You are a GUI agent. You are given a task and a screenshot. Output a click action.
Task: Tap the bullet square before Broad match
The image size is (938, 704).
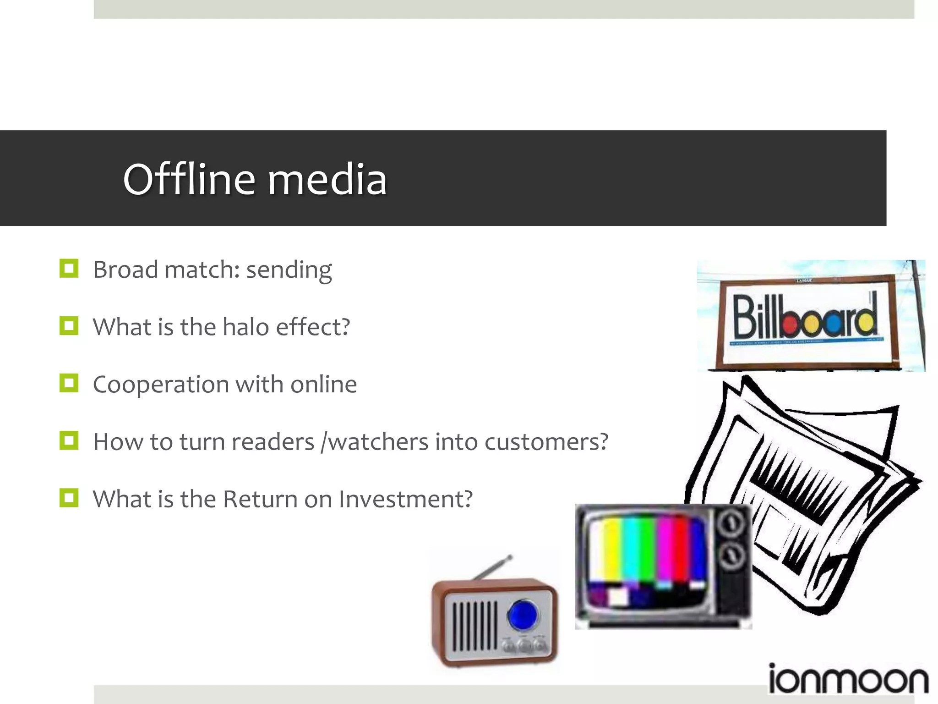[x=69, y=269]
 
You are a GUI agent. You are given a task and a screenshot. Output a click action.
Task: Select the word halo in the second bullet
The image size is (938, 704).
[x=245, y=327]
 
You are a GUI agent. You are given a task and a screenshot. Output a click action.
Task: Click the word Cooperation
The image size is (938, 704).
[x=161, y=385]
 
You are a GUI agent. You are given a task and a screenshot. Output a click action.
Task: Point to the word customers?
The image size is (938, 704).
[x=546, y=442]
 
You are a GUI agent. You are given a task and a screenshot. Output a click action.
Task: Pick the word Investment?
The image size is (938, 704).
[x=405, y=499]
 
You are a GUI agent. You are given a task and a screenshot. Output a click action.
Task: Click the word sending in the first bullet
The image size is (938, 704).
[x=289, y=270]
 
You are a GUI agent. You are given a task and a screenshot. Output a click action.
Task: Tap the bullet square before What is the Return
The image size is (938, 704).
[x=69, y=498]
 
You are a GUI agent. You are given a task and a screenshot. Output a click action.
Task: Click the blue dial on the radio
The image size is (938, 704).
[x=523, y=615]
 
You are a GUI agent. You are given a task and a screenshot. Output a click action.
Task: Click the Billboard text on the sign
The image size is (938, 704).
[x=805, y=316]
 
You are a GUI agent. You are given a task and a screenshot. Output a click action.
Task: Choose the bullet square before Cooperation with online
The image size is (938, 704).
[x=69, y=383]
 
